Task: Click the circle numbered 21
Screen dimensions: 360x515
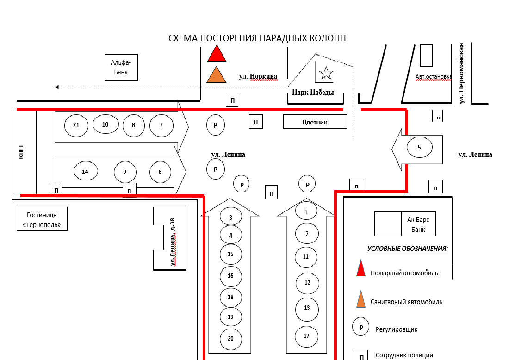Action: pyautogui.click(x=76, y=125)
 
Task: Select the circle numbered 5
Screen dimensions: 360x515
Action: pyautogui.click(x=419, y=148)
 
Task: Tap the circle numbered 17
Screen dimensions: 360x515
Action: pyautogui.click(x=307, y=336)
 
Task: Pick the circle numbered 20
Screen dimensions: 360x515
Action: pyautogui.click(x=230, y=339)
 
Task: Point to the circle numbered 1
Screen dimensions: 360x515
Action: pyautogui.click(x=306, y=211)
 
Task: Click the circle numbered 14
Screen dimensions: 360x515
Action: pyautogui.click(x=85, y=172)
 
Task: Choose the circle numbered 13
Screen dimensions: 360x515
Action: pyautogui.click(x=307, y=307)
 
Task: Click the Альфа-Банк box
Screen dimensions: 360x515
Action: pyautogui.click(x=121, y=67)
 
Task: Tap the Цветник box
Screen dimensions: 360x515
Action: pyautogui.click(x=315, y=122)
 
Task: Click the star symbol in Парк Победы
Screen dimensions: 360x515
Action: pyautogui.click(x=326, y=73)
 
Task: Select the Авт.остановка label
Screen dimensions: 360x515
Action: pyautogui.click(x=433, y=77)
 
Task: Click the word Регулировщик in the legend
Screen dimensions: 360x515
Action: pyautogui.click(x=397, y=329)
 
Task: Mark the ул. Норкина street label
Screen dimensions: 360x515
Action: pyautogui.click(x=258, y=76)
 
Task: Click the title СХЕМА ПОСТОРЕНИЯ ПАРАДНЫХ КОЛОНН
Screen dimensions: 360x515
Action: pyautogui.click(x=257, y=38)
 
